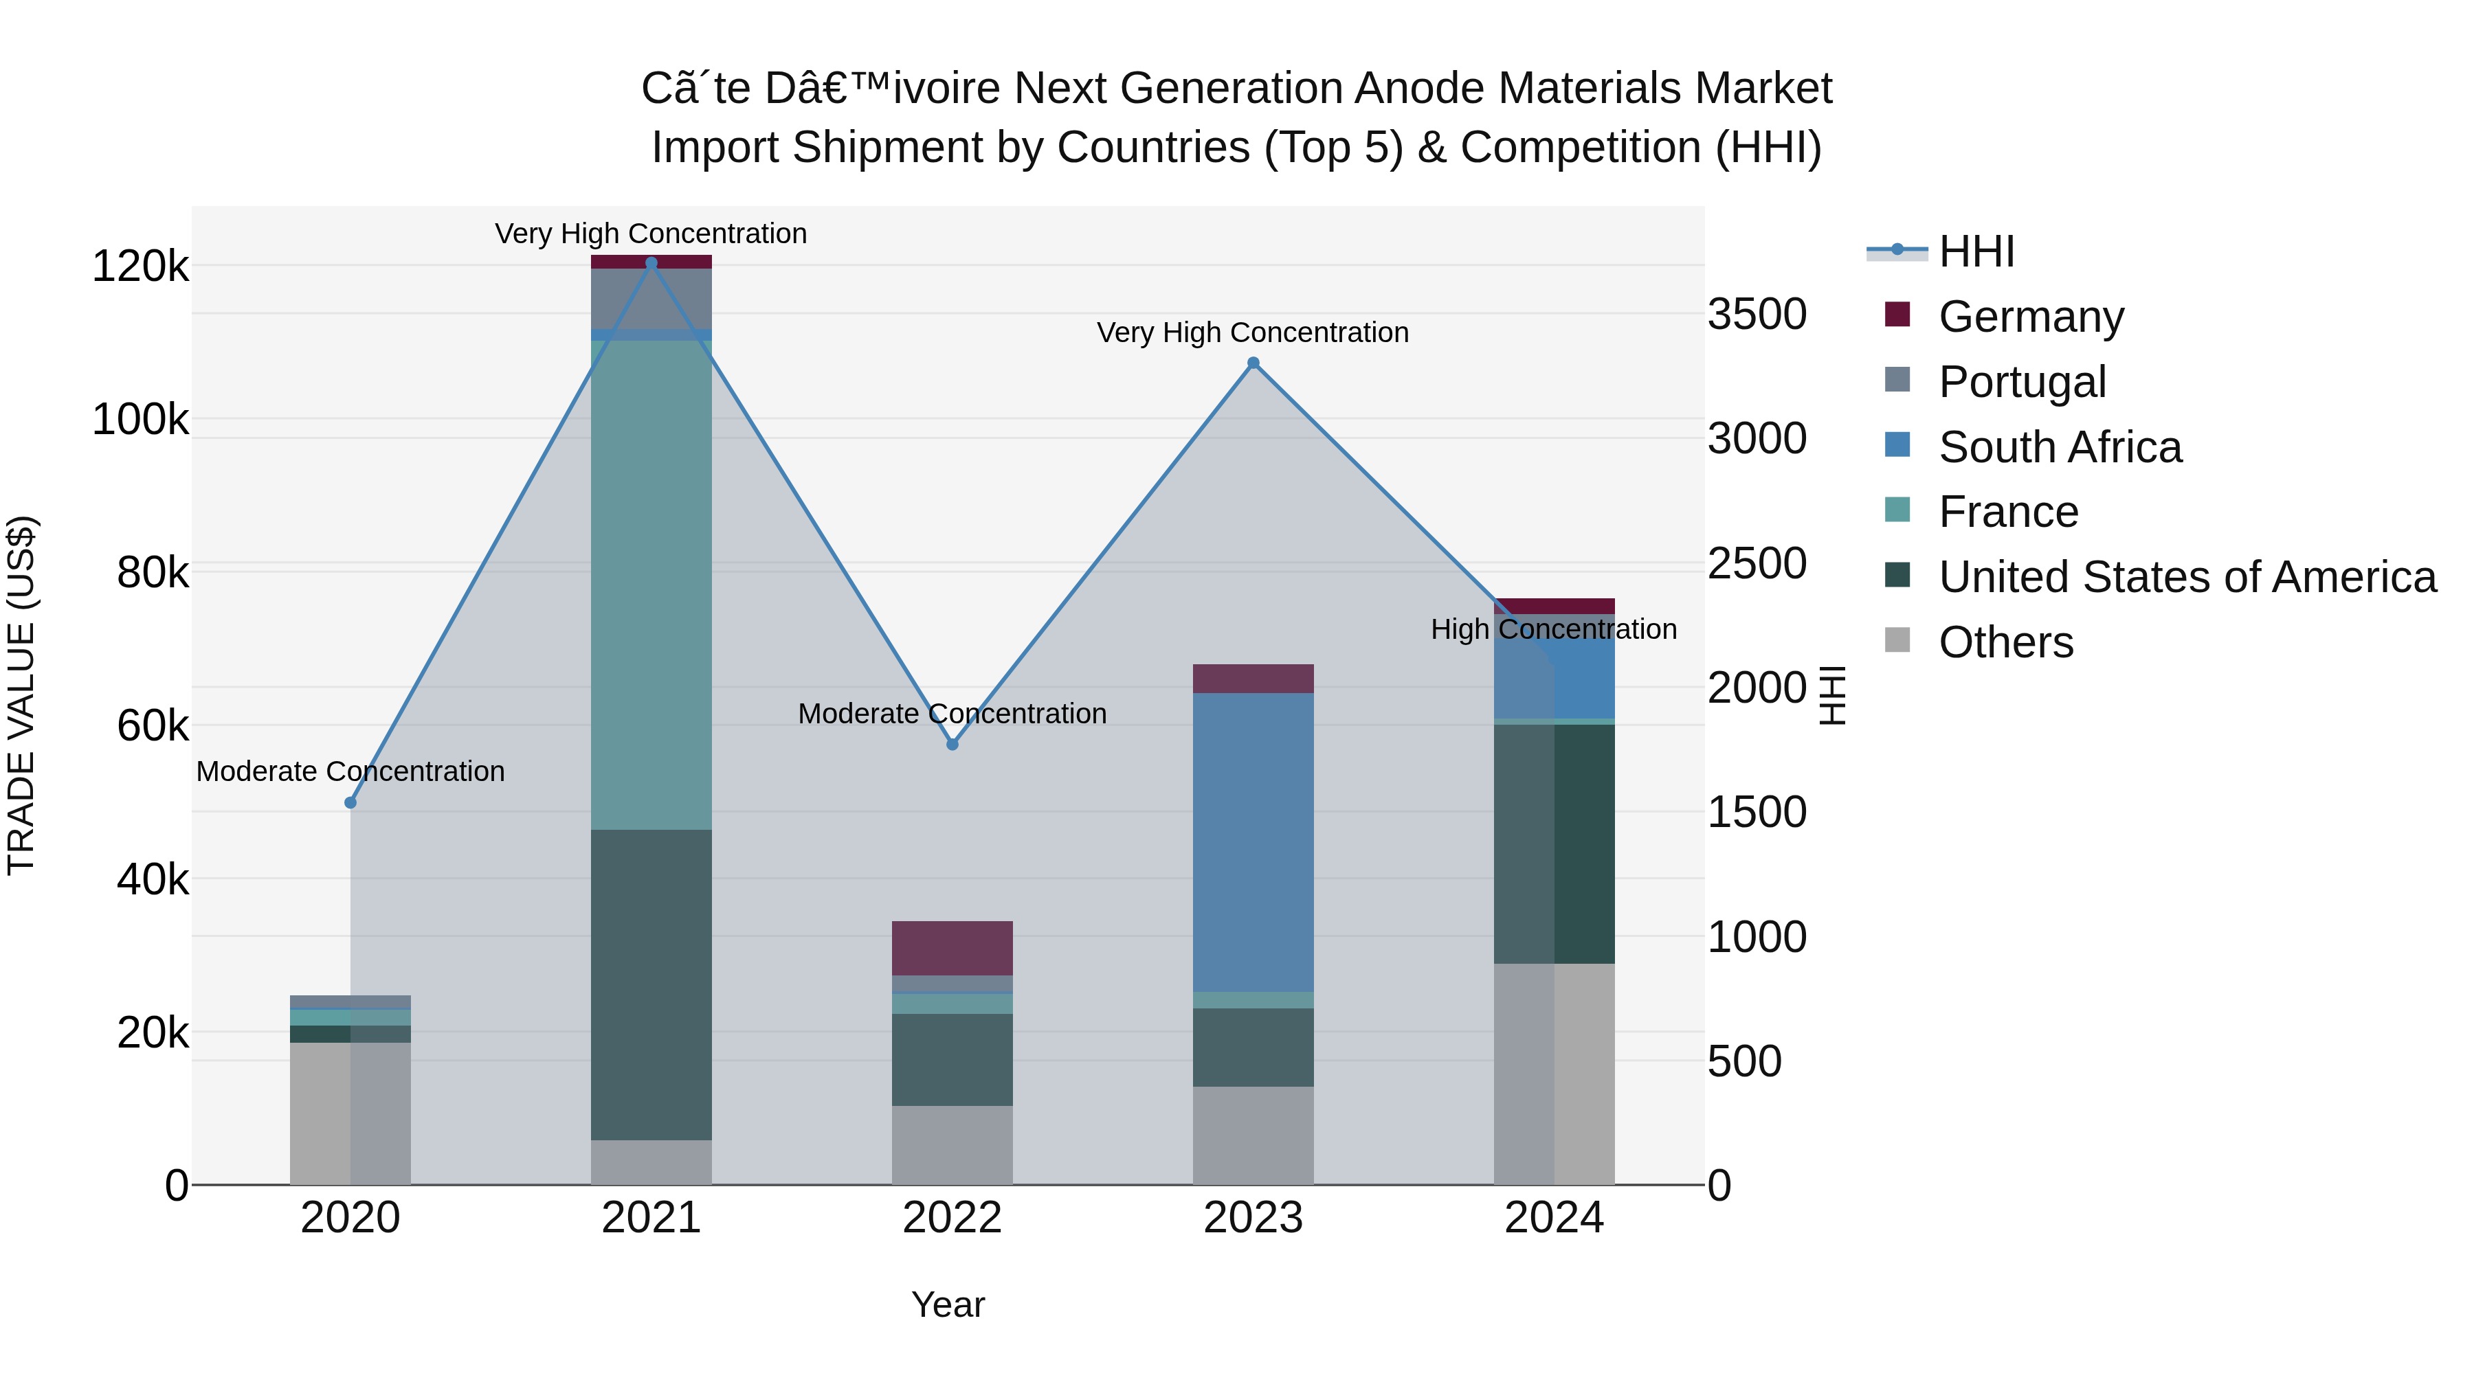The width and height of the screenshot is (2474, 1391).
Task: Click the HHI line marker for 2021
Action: pos(651,263)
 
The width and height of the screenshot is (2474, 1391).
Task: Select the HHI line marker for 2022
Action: pos(952,744)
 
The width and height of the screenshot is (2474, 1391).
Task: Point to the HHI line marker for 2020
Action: pos(350,802)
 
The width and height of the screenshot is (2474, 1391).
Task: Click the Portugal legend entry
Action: pos(2022,381)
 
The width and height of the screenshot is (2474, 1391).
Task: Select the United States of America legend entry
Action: pos(2187,577)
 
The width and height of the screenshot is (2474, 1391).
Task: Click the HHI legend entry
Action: pos(1976,251)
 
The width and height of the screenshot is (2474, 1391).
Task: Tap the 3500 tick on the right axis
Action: pos(1757,314)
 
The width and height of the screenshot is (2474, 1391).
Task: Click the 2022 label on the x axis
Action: pos(952,1217)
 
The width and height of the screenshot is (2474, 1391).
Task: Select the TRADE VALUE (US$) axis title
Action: pos(21,695)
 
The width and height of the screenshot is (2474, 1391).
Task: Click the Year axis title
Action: pos(947,1304)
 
